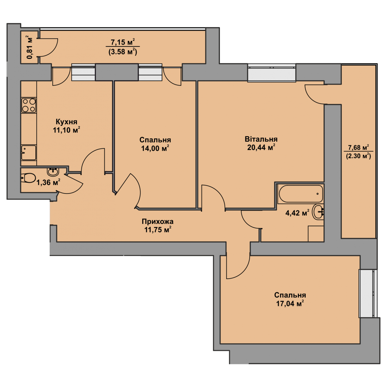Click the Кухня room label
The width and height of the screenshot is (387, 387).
tap(66, 122)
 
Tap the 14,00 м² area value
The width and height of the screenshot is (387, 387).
tap(155, 148)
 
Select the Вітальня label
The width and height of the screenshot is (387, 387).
tap(261, 139)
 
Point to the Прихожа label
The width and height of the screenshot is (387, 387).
tap(158, 222)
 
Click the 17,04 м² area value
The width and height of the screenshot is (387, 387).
tap(290, 303)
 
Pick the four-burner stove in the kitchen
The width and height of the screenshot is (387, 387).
tap(29, 105)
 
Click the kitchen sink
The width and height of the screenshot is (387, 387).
tap(29, 153)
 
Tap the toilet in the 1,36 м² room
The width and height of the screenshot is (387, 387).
tap(28, 178)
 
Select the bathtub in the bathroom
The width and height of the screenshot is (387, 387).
tap(301, 193)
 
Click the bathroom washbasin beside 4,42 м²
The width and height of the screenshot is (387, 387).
tap(318, 212)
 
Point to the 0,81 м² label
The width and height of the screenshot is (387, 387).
tap(30, 47)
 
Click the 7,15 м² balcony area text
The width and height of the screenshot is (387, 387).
tap(123, 42)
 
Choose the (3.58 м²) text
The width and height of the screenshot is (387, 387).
tap(123, 52)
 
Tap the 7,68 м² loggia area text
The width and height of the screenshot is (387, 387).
tap(359, 148)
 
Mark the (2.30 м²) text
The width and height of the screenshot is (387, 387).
tap(359, 156)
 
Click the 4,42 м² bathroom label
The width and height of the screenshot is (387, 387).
tap(297, 213)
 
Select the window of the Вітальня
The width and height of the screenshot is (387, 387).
tap(272, 73)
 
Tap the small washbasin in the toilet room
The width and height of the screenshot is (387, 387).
tap(53, 172)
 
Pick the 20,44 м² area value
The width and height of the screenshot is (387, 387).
tap(261, 147)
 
